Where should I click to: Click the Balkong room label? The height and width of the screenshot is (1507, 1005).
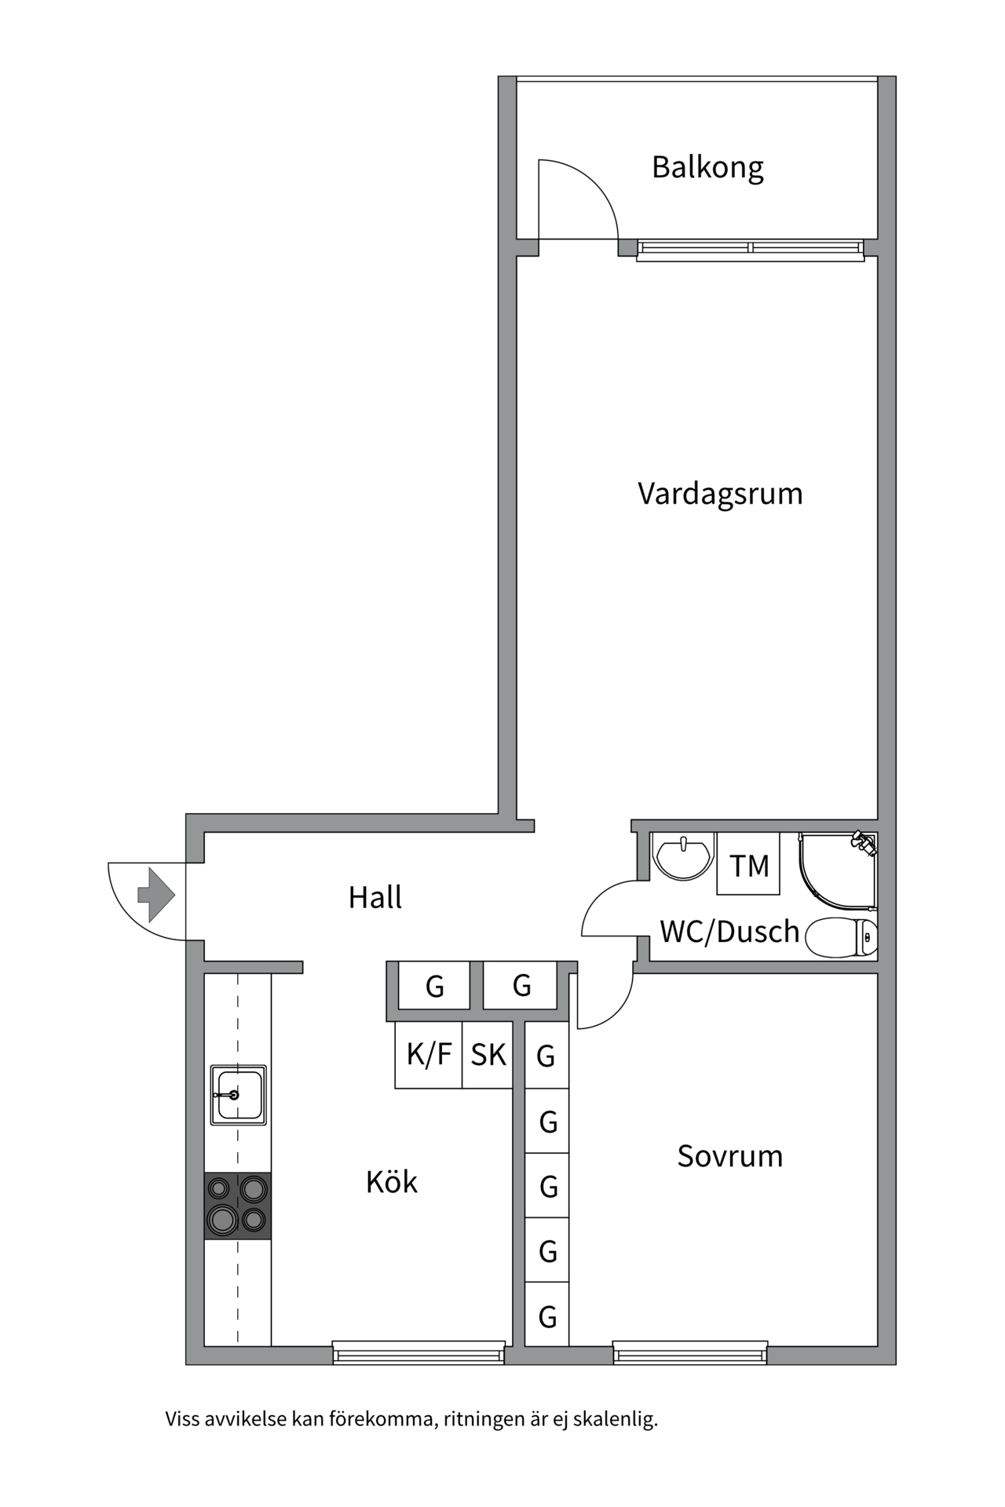pos(707,167)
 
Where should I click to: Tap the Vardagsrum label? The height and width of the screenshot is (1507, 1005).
pos(720,494)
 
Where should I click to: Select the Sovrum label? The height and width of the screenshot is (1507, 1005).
pos(729,1156)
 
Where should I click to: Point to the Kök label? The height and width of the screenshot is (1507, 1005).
pos(391,1182)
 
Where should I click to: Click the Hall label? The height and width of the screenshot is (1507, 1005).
pos(375,897)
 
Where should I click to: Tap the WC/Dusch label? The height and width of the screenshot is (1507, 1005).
pos(729,932)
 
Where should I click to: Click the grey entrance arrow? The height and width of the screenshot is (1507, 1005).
pos(156,895)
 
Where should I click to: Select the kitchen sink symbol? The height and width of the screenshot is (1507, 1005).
pos(238,1095)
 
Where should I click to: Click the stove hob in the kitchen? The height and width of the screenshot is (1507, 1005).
pos(238,1206)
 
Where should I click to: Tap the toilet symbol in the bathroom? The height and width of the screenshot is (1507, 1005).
pos(842,937)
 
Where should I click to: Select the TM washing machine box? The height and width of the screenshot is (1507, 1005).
pos(748,865)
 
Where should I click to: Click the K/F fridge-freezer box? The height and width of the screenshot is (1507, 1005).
pos(429,1054)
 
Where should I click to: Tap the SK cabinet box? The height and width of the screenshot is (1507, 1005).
pos(488,1054)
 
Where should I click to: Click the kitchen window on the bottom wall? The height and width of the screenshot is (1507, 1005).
pos(418,1352)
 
